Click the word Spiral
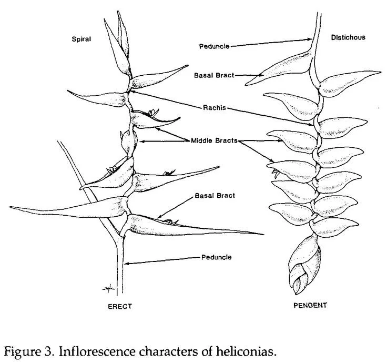(x=81, y=38)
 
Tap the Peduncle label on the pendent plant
(x=214, y=46)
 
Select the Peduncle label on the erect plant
(x=216, y=257)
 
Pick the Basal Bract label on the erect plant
(x=215, y=196)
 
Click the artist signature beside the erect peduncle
(x=108, y=286)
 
